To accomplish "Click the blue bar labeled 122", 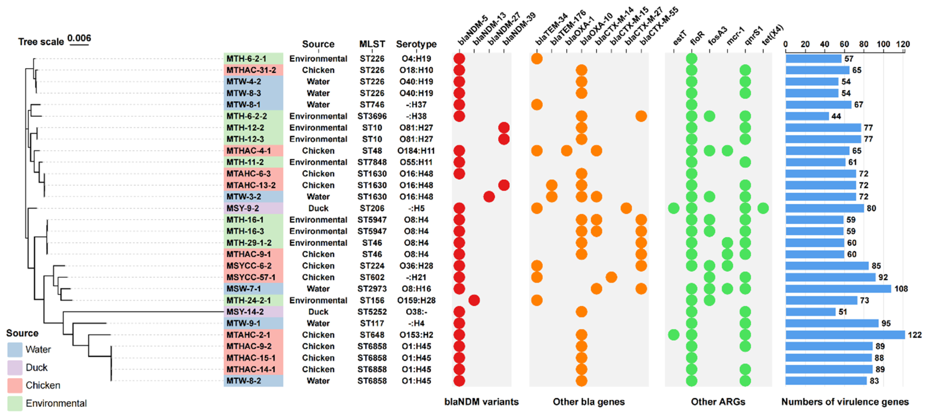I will [845, 335].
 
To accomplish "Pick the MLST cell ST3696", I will [372, 117].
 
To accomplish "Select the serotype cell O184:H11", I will [416, 151].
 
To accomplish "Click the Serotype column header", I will [416, 44].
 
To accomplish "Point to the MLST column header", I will [372, 44].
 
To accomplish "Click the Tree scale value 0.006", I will [79, 38].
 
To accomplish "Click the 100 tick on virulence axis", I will [883, 44].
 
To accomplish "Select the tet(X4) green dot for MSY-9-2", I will [763, 208].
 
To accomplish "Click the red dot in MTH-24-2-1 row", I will [474, 300].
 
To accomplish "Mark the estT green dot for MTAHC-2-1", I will [673, 335].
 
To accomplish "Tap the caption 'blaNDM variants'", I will [481, 402].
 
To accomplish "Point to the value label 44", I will [836, 117].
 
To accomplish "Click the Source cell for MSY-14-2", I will [318, 312].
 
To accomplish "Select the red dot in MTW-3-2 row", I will [489, 197].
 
